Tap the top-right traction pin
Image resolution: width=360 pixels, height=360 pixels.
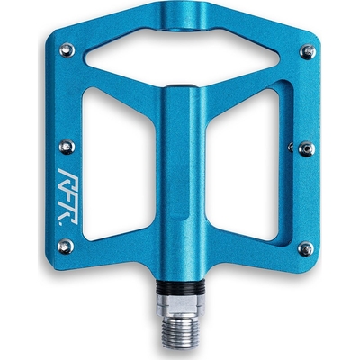(308, 53)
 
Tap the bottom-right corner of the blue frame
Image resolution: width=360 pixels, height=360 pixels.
(301, 261)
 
